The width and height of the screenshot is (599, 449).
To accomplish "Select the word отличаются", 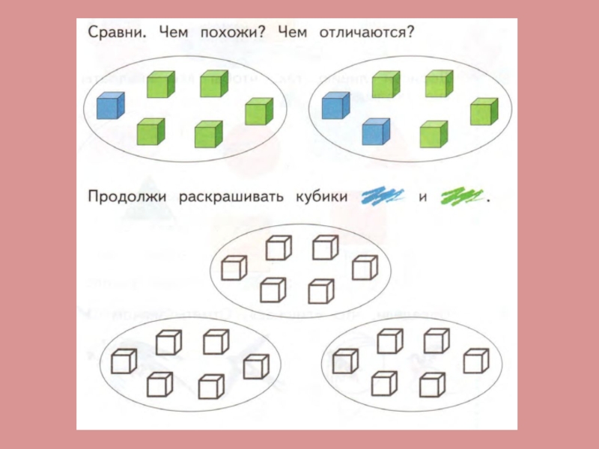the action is (x=367, y=34).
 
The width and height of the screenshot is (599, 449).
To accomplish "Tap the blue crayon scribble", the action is (x=383, y=197).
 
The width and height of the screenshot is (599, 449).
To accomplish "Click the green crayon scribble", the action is (x=462, y=197).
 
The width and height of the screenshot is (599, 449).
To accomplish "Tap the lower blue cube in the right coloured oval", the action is (x=376, y=132).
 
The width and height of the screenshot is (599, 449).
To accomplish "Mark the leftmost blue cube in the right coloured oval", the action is (x=335, y=106).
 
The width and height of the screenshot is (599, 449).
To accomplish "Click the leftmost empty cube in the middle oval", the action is (x=234, y=268).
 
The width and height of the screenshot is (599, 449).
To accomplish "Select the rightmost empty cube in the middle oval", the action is (x=365, y=267).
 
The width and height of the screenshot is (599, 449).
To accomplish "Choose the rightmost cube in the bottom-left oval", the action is (x=256, y=367).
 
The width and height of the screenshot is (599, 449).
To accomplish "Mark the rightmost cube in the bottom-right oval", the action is (x=476, y=361).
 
